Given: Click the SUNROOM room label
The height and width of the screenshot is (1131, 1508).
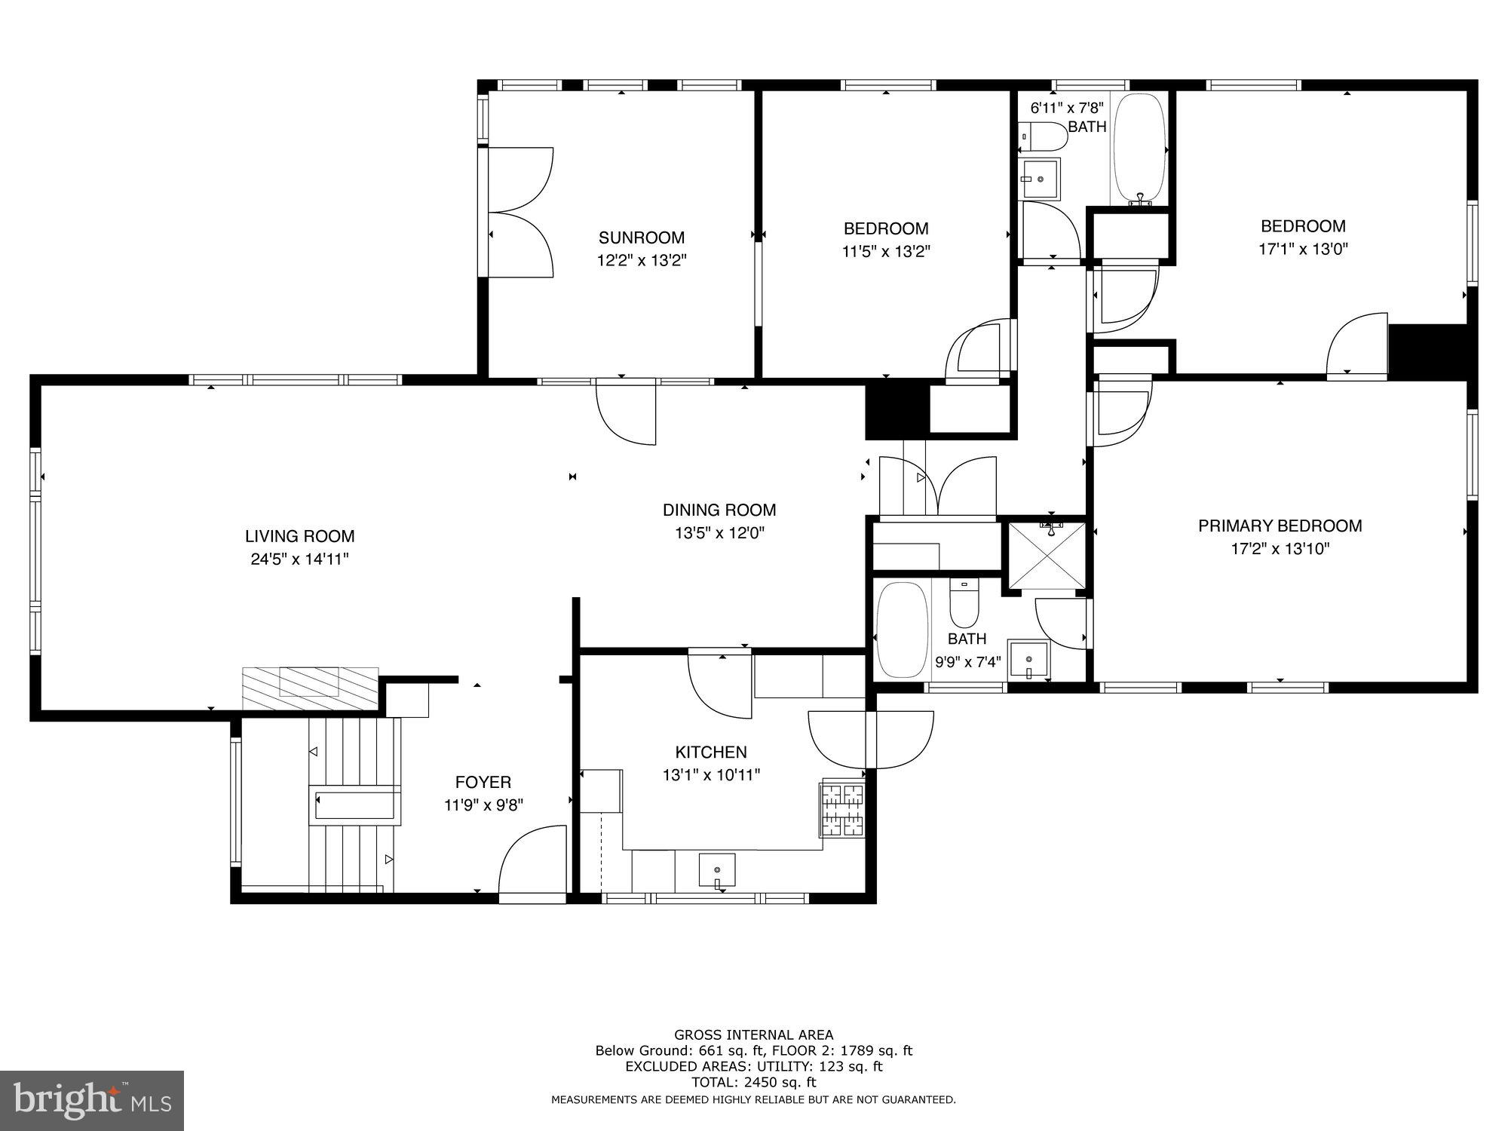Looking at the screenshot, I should coord(642,238).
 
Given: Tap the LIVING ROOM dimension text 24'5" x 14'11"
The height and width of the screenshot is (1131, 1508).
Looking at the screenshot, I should coord(299,559).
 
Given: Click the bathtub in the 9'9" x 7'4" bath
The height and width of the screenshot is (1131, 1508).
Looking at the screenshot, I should coord(902,630).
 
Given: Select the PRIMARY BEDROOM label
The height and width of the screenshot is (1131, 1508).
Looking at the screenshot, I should coord(1280,526).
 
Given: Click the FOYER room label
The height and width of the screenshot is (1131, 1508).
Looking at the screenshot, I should coord(483,783).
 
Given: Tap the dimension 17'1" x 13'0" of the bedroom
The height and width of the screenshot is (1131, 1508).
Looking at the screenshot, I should coord(1303,249).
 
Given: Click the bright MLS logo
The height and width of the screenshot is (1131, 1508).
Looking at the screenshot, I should coord(92,1102).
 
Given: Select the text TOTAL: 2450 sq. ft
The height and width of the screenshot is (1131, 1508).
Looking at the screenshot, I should coord(753,1082).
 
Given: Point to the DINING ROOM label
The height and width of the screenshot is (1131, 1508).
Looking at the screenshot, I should coord(719,510).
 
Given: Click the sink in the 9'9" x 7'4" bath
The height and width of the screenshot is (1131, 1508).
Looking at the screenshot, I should coord(1028,660).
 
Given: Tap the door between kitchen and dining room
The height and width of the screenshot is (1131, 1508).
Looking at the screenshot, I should coord(720,686).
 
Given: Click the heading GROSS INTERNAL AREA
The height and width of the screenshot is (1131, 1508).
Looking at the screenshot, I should coord(753,1035).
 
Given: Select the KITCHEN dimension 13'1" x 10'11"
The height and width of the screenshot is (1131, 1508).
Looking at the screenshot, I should coord(711,775).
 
